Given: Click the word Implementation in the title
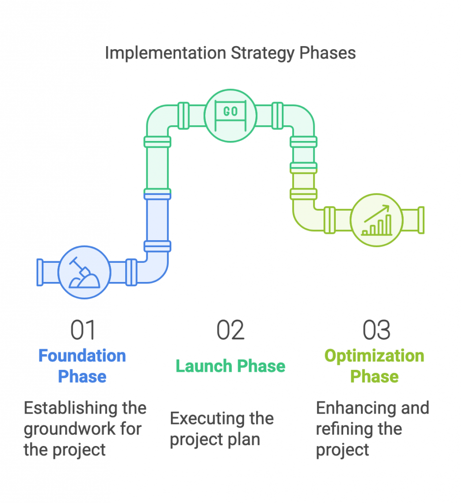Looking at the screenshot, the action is pyautogui.click(x=165, y=54).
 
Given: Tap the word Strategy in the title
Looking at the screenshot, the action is pyautogui.click(x=262, y=54).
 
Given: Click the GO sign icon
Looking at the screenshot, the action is pyautogui.click(x=231, y=115).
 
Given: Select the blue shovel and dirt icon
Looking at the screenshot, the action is pyautogui.click(x=84, y=272).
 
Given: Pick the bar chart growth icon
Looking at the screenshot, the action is pyautogui.click(x=377, y=220).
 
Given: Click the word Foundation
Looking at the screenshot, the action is pyautogui.click(x=82, y=356).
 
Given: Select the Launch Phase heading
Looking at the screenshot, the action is pyautogui.click(x=231, y=366).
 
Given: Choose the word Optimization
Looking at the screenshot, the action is pyautogui.click(x=375, y=356).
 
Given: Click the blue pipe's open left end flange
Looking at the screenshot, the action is pyautogui.click(x=40, y=272).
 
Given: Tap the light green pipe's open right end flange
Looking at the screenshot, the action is pyautogui.click(x=421, y=220).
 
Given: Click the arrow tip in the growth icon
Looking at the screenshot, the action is pyautogui.click(x=389, y=206).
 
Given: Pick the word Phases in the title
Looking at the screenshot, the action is pyautogui.click(x=327, y=54).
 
